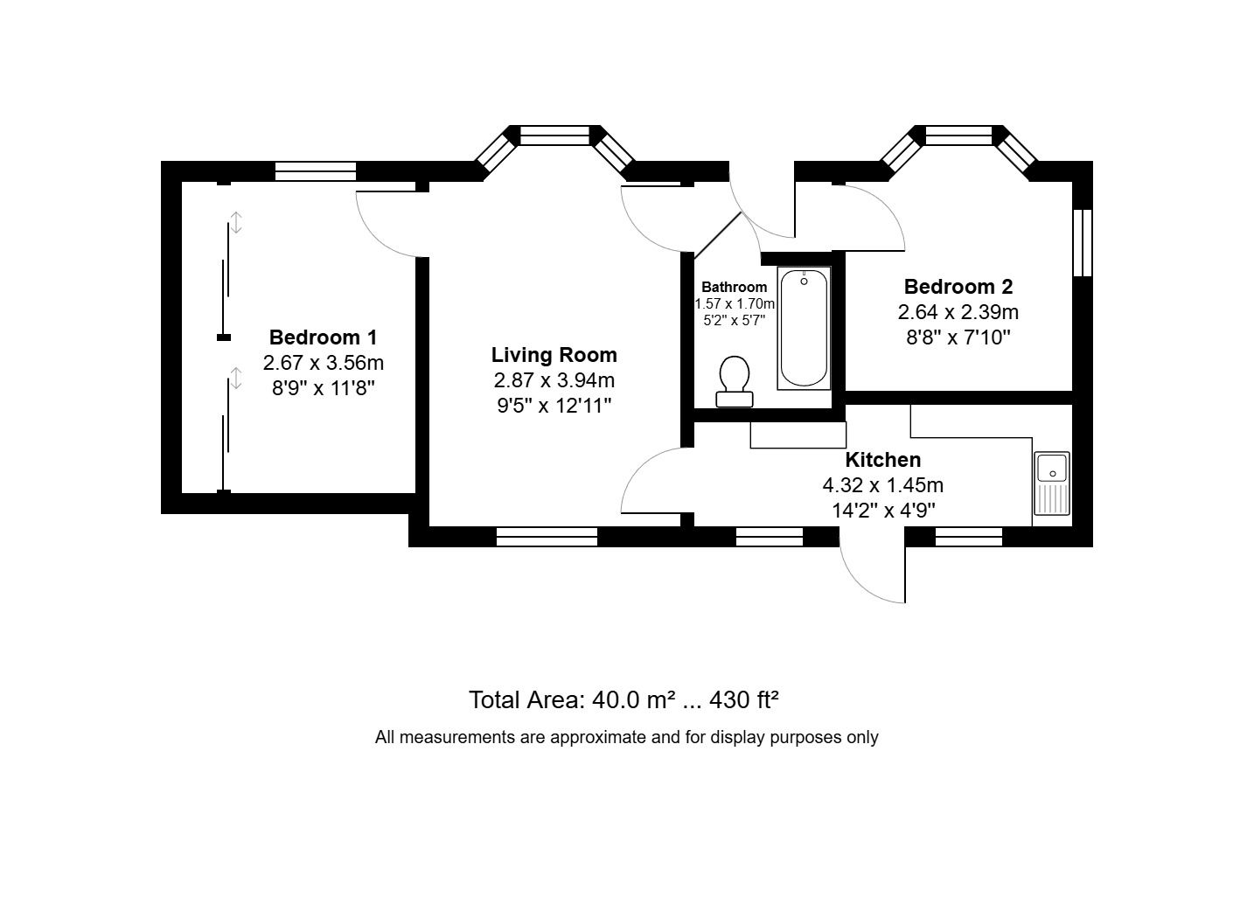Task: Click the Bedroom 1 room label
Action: point(323,337)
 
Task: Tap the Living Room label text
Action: point(554,355)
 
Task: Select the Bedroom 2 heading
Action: point(958,287)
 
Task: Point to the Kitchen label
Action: point(882,460)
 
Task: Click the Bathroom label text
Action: point(735,287)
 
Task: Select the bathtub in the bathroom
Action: point(804,328)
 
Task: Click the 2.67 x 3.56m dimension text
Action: point(323,363)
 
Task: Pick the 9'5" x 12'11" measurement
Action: point(554,405)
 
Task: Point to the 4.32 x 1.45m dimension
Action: point(882,485)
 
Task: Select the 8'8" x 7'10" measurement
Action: point(958,337)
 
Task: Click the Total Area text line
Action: point(624,700)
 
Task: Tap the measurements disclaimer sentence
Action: point(626,737)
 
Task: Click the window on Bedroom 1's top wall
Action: point(316,170)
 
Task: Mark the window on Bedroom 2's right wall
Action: point(1083,242)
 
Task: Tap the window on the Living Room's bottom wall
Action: point(547,537)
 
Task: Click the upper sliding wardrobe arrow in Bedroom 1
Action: point(235,221)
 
